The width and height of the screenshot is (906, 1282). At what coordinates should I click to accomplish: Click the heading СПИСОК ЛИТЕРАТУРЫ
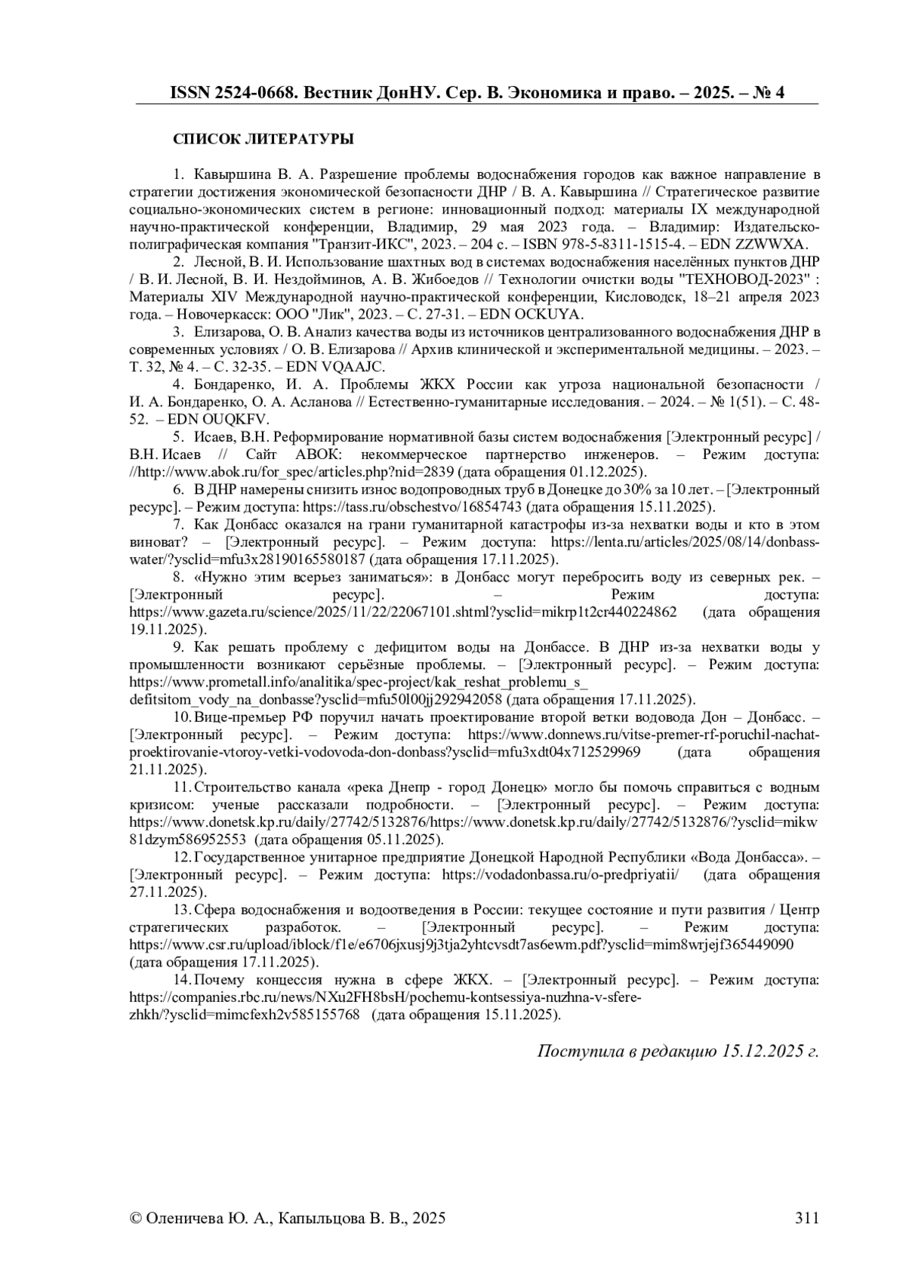click(x=263, y=140)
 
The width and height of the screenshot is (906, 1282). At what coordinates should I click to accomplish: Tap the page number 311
click(x=806, y=1217)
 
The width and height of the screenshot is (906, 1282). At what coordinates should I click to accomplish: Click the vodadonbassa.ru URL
click(x=560, y=874)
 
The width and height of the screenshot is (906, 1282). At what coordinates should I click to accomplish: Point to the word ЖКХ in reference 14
click(x=473, y=979)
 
